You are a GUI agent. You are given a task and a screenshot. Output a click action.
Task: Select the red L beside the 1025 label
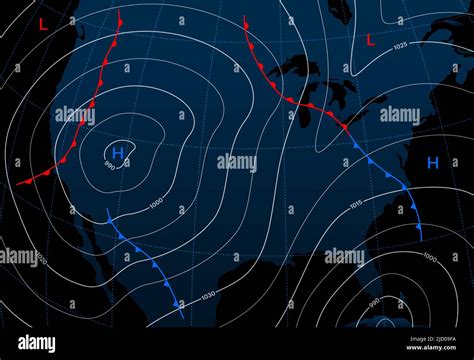[371, 40]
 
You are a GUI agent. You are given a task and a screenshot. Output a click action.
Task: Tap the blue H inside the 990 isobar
[118, 152]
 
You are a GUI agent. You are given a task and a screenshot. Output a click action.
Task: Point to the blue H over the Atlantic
[432, 161]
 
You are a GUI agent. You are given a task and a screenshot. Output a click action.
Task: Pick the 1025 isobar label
[400, 46]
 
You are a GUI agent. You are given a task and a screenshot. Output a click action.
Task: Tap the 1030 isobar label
[207, 295]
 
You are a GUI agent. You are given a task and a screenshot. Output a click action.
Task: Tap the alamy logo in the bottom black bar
[37, 343]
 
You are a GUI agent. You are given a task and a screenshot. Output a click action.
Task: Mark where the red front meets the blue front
[346, 127]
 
